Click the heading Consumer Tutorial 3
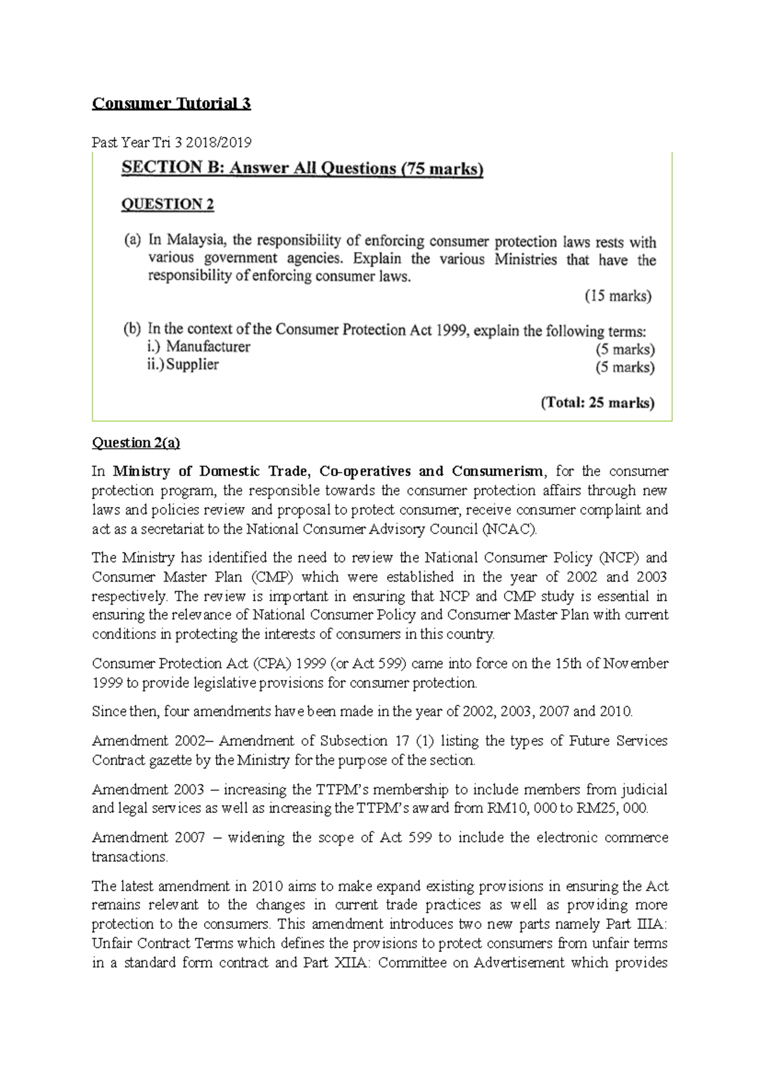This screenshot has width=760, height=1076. tap(171, 103)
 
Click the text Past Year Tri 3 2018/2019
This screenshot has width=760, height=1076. tap(171, 143)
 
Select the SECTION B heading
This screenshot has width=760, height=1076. tap(302, 169)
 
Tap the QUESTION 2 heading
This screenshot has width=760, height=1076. tap(167, 204)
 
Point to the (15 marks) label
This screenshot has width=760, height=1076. tap(617, 296)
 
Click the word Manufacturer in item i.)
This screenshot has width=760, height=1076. tap(208, 347)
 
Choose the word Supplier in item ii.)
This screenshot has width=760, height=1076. tap(192, 364)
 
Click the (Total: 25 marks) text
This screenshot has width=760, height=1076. tap(597, 403)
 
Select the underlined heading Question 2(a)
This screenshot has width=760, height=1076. tap(136, 443)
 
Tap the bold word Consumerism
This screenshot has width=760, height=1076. tap(497, 471)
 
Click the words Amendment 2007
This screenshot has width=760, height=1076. tap(148, 838)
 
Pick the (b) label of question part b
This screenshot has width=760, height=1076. tap(132, 329)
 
